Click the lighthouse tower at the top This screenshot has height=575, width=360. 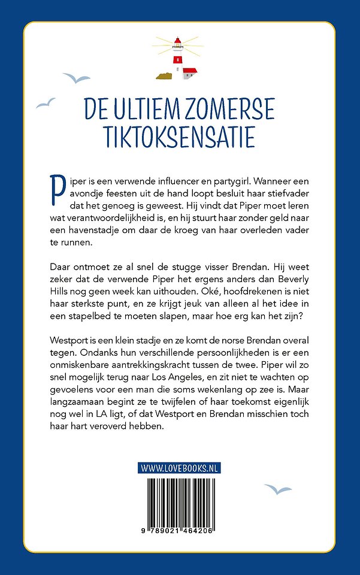click(x=177, y=57)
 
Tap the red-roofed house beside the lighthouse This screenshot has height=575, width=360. click(x=189, y=74)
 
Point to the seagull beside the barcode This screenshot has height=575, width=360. click(x=278, y=489)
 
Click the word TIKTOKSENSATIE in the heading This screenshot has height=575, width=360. click(x=180, y=137)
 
